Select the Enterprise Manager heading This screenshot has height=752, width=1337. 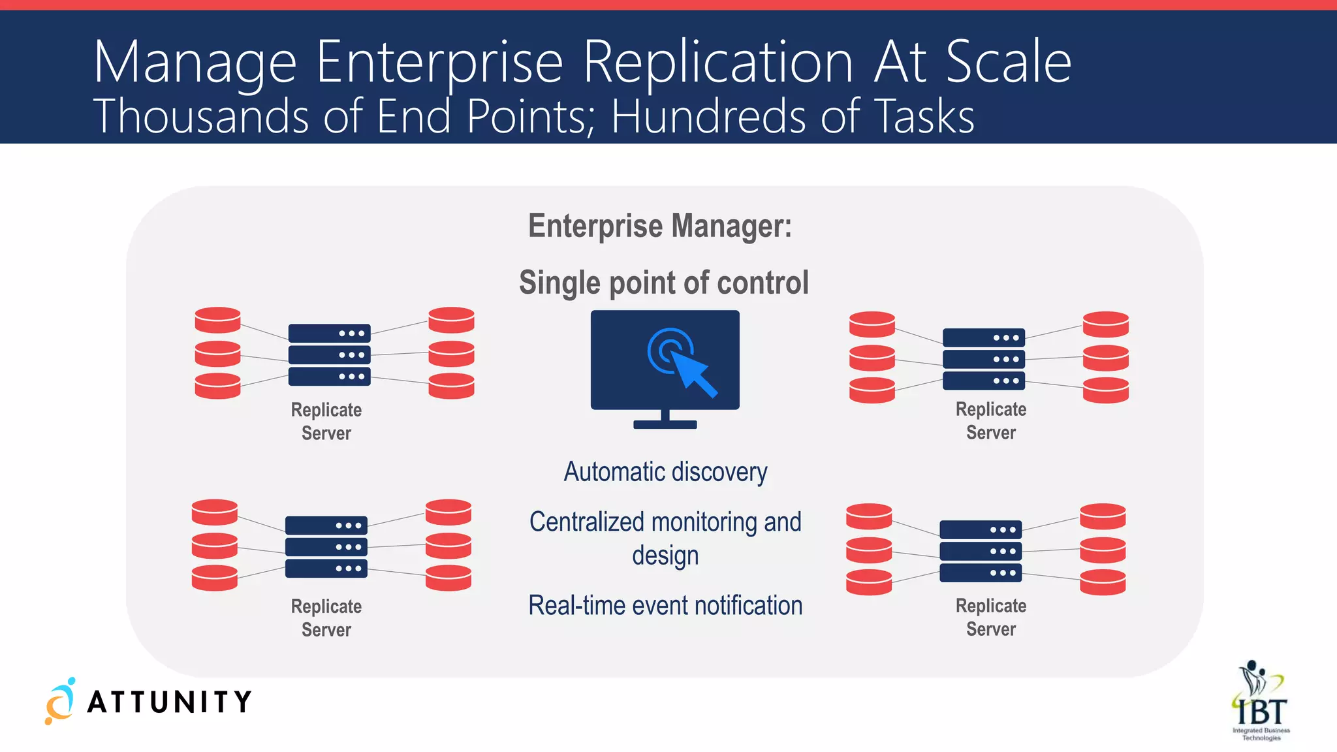660,226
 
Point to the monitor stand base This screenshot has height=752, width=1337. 665,424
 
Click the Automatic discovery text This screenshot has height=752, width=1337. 665,471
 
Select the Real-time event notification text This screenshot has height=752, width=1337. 665,605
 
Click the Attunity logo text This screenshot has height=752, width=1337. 169,702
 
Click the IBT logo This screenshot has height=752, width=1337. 1261,702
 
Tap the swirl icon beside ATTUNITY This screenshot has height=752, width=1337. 59,702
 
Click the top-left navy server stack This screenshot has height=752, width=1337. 329,354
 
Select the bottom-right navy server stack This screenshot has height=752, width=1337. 981,551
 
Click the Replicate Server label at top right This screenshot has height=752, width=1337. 990,420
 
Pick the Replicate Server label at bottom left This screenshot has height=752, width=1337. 326,618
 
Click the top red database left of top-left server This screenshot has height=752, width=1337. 217,320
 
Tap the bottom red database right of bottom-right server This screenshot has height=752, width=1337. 1102,582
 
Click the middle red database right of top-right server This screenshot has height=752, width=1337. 1105,358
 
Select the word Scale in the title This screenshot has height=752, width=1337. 1008,62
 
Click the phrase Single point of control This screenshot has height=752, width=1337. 663,283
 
